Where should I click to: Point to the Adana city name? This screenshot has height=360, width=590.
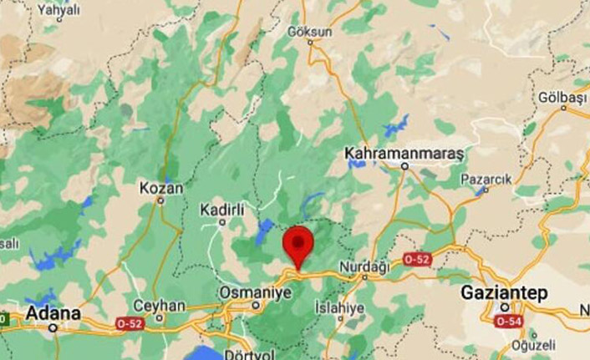[x=54, y=313]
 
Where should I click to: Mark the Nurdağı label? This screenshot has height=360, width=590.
[x=364, y=266]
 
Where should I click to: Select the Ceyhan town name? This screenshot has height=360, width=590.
[x=158, y=306]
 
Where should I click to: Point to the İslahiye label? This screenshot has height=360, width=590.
[x=339, y=308]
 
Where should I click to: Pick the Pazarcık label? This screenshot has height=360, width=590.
[x=485, y=180]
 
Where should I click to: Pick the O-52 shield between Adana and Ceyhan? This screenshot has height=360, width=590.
[x=130, y=322]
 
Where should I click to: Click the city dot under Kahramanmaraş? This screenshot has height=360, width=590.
[x=404, y=166]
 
